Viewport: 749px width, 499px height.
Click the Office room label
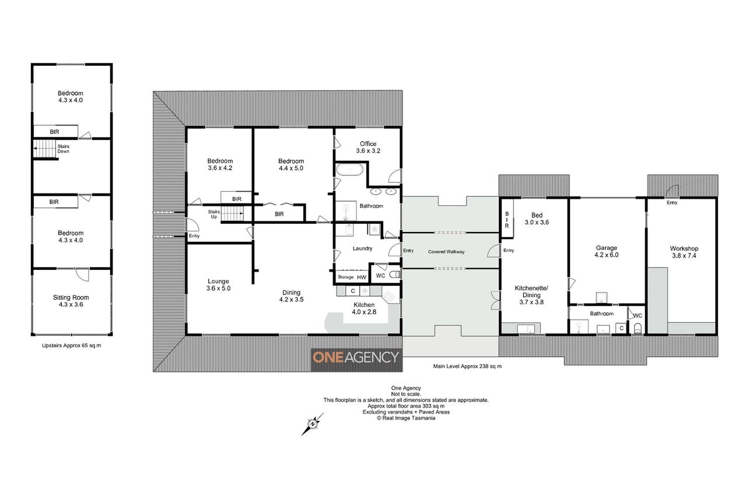tap(368, 144)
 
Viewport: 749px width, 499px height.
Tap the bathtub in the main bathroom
tap(349, 170)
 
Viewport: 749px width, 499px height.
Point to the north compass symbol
tap(313, 424)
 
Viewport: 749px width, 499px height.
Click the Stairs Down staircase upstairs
tap(44, 148)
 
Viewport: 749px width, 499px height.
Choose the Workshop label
tap(684, 248)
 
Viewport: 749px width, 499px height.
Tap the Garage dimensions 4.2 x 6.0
tap(606, 255)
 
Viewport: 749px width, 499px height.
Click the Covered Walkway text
tap(446, 252)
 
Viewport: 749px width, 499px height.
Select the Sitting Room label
tap(71, 297)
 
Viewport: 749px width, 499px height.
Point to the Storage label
tap(345, 277)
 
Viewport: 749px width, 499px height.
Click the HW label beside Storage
tap(362, 277)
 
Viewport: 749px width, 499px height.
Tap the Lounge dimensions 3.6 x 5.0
tap(218, 288)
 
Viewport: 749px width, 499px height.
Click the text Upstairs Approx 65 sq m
tap(71, 345)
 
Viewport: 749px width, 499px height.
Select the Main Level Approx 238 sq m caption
tap(467, 366)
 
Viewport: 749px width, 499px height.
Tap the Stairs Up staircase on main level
tap(233, 213)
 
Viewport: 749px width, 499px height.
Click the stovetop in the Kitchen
tap(389, 296)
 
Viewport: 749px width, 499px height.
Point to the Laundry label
tap(362, 248)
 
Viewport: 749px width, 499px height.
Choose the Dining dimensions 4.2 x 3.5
tap(291, 300)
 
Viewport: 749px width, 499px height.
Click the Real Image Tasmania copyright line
tap(406, 418)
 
